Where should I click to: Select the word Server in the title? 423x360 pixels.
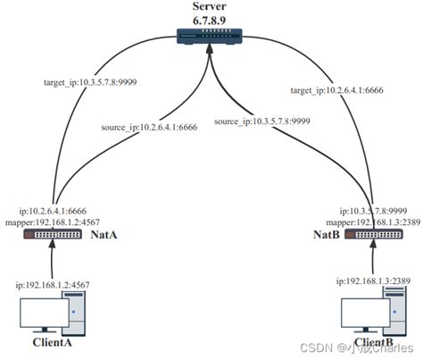211,7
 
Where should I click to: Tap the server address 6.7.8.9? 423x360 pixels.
211,21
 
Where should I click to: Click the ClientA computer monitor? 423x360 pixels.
44,313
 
